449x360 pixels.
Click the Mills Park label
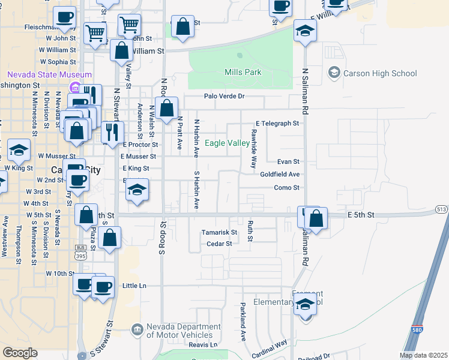click(x=243, y=73)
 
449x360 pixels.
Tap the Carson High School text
click(x=379, y=74)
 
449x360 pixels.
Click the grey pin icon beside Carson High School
click(x=334, y=73)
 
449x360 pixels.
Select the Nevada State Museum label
click(x=49, y=75)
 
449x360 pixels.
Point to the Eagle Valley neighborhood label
click(x=228, y=143)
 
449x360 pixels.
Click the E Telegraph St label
click(x=277, y=124)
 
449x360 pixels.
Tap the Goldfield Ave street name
click(x=280, y=175)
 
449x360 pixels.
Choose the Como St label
click(x=286, y=188)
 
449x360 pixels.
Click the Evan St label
click(x=288, y=161)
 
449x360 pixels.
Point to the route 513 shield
click(x=442, y=209)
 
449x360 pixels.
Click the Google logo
click(x=20, y=353)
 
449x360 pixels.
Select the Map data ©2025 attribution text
click(x=424, y=355)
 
